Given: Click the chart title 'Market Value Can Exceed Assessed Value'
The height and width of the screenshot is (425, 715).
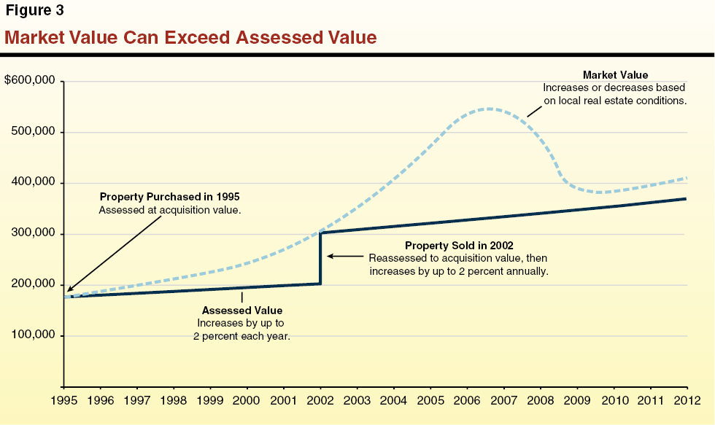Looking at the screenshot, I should pyautogui.click(x=190, y=36).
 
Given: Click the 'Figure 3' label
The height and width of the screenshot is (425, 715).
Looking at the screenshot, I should pyautogui.click(x=35, y=10).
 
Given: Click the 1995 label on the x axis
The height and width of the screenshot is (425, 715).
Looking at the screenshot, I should pyautogui.click(x=64, y=400).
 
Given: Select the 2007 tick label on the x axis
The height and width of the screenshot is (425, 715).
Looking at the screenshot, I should pyautogui.click(x=503, y=400).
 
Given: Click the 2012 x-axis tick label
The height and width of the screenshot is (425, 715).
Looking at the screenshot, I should pyautogui.click(x=687, y=400).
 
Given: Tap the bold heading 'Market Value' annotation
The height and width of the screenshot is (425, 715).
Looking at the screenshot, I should pyautogui.click(x=615, y=75).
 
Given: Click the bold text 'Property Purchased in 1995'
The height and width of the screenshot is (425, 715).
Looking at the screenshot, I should pyautogui.click(x=169, y=197).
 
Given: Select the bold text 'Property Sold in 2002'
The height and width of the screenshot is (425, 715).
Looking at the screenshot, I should pyautogui.click(x=457, y=246).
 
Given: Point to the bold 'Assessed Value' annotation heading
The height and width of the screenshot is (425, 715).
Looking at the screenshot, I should pyautogui.click(x=242, y=311).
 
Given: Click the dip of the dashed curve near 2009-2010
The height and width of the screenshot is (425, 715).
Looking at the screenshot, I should pyautogui.click(x=598, y=192).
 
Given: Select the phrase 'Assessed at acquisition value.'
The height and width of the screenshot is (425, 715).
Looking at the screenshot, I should pyautogui.click(x=169, y=210).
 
